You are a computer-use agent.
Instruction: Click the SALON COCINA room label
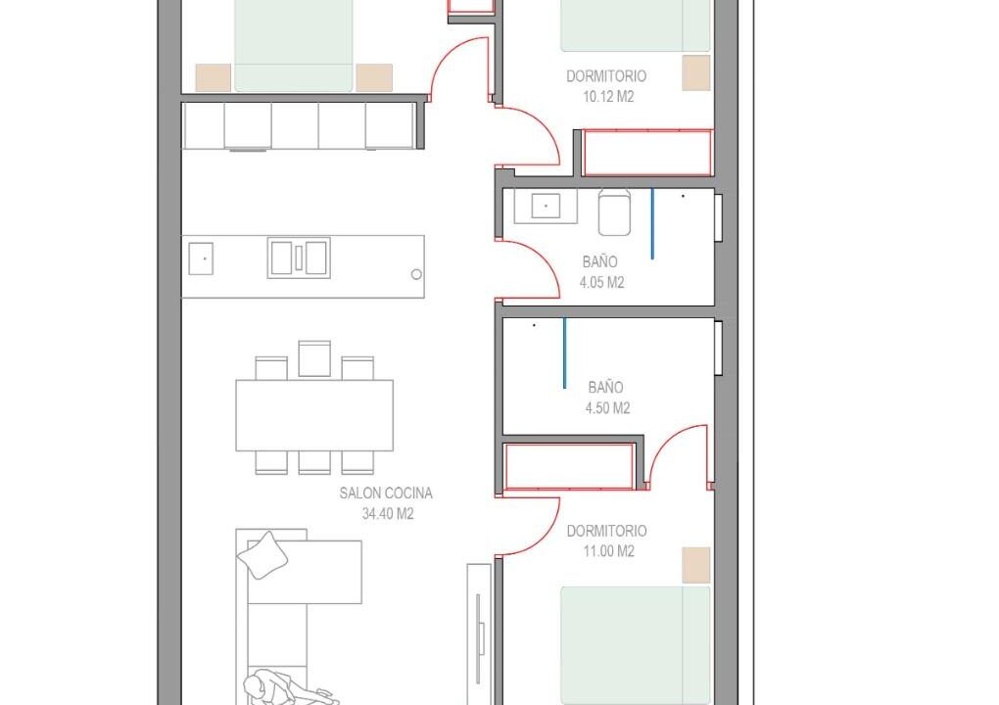(x=386, y=493)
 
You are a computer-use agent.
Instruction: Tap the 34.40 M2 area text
(x=388, y=513)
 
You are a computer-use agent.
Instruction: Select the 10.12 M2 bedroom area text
(x=608, y=97)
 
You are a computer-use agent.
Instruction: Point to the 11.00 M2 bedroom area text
(x=608, y=551)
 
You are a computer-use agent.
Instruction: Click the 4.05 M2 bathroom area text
(x=601, y=282)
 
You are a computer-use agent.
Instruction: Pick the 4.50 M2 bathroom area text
(x=607, y=407)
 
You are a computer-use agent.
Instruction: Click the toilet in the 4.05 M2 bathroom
(x=614, y=212)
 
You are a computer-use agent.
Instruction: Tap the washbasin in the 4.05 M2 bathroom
(x=546, y=206)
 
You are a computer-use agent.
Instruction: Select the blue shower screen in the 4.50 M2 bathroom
(x=564, y=352)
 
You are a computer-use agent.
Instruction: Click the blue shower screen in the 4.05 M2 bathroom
(x=651, y=223)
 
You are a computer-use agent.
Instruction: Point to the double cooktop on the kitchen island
(x=299, y=258)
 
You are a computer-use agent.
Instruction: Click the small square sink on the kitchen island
(x=201, y=258)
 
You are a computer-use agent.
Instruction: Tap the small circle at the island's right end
(x=416, y=274)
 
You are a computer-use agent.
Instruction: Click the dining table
(x=314, y=415)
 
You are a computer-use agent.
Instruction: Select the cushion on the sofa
(x=262, y=555)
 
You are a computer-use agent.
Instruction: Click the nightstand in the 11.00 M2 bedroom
(x=695, y=565)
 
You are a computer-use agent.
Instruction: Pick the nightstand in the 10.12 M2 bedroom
(x=695, y=72)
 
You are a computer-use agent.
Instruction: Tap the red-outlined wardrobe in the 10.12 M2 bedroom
(x=647, y=152)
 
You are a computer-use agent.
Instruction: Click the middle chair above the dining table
(x=314, y=359)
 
